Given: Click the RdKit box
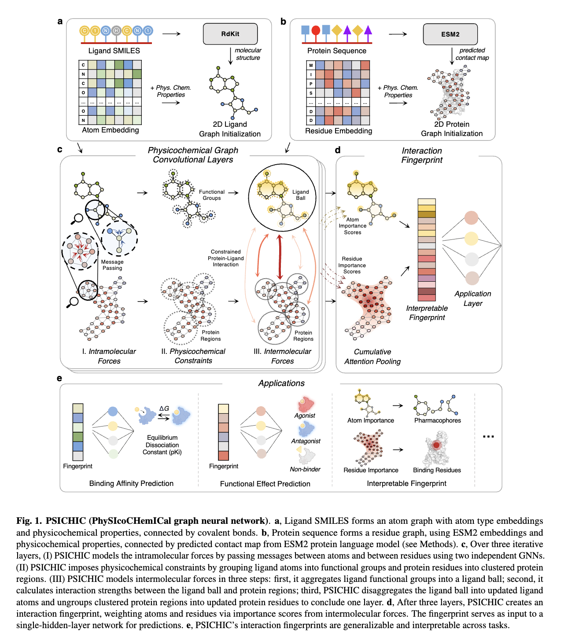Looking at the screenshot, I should coord(230,34).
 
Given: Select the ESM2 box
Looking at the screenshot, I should coord(450,34).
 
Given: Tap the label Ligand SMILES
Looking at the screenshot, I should coord(114,51).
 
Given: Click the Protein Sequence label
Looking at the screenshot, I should coord(337,51).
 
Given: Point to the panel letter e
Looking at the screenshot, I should coord(59,379).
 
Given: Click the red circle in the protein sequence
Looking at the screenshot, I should coord(316,30).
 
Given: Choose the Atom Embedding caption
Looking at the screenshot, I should coord(111,130).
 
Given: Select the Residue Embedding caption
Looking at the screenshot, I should coord(339,131).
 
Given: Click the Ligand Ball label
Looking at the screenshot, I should coord(301,195).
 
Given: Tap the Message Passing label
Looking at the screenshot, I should coord(112,265).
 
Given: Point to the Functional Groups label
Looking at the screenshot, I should coord(212,195).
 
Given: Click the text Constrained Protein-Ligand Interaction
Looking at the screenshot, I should coord(226,258).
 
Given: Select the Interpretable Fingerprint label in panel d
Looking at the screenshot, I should coord(427,313).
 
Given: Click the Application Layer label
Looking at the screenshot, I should coord(473,298).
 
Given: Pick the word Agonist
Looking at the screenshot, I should coord(305,416).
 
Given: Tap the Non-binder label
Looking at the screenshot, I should coord(305,469).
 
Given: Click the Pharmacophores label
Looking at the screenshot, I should coord(438,420).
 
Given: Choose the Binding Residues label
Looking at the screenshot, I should coord(437,470).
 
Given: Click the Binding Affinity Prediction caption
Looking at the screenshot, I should coord(131,483).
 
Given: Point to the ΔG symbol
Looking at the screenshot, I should coord(164,408).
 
